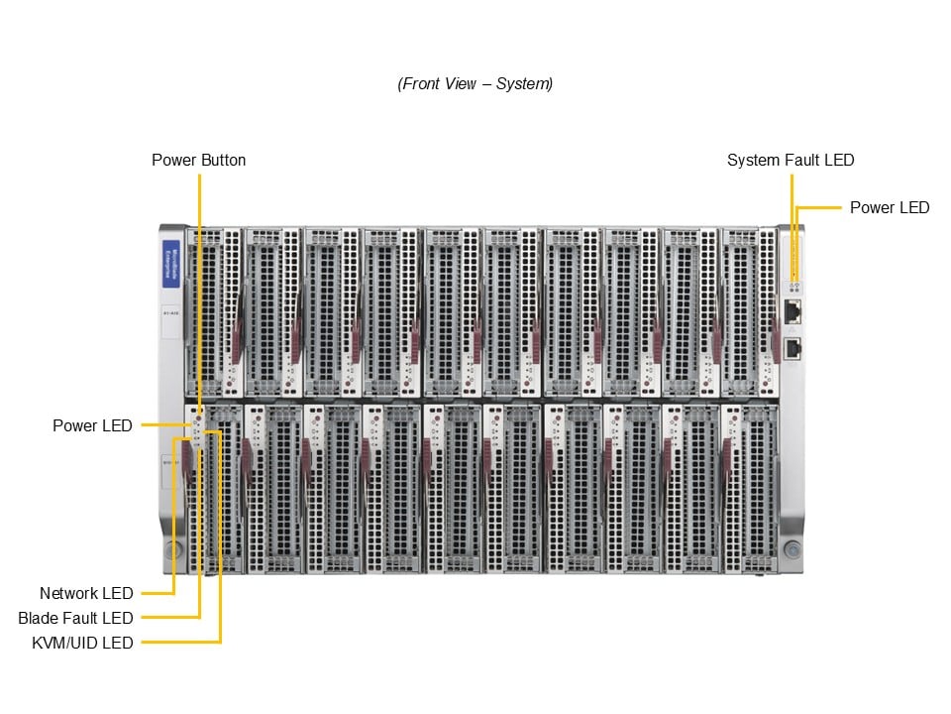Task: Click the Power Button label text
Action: click(x=198, y=160)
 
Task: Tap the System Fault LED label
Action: click(x=790, y=160)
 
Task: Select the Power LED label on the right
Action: click(x=889, y=207)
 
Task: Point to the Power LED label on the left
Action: click(x=92, y=425)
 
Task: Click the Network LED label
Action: click(x=86, y=593)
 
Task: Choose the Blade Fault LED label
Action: click(x=75, y=618)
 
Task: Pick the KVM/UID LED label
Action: click(x=82, y=643)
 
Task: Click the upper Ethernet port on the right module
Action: click(x=792, y=311)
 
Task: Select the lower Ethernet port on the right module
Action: click(x=792, y=347)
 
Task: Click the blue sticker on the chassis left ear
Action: click(x=170, y=260)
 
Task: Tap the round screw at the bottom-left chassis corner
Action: click(x=172, y=549)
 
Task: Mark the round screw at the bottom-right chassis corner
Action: click(x=792, y=548)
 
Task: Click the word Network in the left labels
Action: click(x=68, y=593)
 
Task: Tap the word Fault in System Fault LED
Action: click(x=800, y=160)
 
